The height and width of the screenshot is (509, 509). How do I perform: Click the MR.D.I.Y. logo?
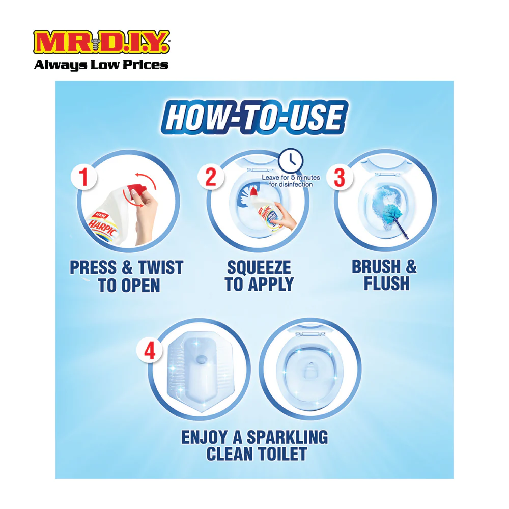[101, 42]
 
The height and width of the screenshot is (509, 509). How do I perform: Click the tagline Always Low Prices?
[101, 65]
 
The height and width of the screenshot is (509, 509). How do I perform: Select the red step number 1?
[84, 177]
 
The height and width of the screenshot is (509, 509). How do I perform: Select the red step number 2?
[211, 177]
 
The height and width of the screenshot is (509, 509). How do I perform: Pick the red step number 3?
[340, 177]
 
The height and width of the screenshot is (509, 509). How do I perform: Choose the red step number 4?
[150, 351]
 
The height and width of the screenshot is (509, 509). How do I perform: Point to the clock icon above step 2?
[291, 160]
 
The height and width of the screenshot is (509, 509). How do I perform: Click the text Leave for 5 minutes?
[291, 178]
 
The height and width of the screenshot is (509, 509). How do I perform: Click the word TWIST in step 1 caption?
[161, 268]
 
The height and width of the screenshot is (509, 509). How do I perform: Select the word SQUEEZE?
[259, 268]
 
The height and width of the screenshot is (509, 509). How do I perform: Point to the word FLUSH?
[387, 284]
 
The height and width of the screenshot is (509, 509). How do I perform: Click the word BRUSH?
[376, 267]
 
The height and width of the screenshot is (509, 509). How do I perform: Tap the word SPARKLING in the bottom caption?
[288, 437]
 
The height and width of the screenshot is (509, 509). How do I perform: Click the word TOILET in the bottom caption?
[282, 454]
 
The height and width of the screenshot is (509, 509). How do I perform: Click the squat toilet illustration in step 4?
[200, 371]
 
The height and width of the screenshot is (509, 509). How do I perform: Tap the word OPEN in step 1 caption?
[140, 286]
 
